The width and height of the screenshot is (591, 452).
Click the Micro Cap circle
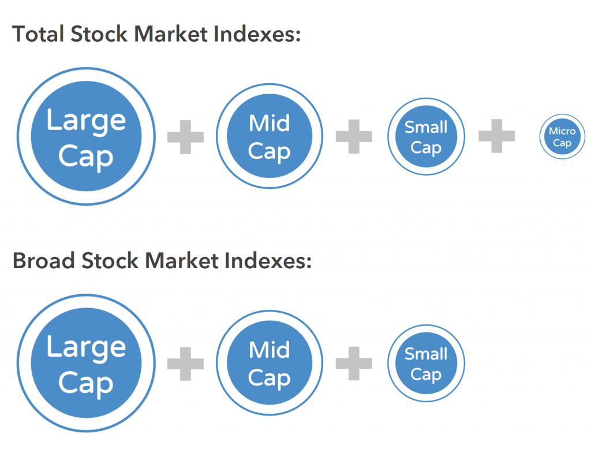(x=562, y=137)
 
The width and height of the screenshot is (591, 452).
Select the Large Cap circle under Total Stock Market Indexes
(x=86, y=137)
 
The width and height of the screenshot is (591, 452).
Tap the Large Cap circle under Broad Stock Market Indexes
(x=86, y=364)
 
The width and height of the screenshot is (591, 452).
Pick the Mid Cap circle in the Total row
(x=270, y=137)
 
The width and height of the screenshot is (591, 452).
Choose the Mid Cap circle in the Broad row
(x=270, y=364)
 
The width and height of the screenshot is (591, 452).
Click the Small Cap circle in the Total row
(x=426, y=137)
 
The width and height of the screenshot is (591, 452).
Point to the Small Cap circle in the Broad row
(x=426, y=364)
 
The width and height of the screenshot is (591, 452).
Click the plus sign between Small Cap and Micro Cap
(x=496, y=137)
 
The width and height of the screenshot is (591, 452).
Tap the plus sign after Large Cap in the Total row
(x=185, y=137)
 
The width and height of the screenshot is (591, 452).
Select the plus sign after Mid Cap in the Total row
(x=354, y=137)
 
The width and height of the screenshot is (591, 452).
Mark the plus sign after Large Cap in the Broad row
(x=185, y=364)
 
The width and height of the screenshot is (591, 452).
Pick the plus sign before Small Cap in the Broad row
(x=354, y=364)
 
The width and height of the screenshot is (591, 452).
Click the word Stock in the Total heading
(x=99, y=35)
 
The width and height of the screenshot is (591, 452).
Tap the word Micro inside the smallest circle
(x=562, y=131)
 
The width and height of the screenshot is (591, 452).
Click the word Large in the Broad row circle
(x=86, y=347)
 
